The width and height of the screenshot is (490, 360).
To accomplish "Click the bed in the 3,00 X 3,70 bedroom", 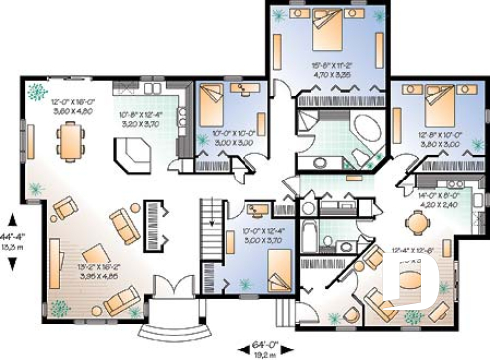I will tap(279, 267).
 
